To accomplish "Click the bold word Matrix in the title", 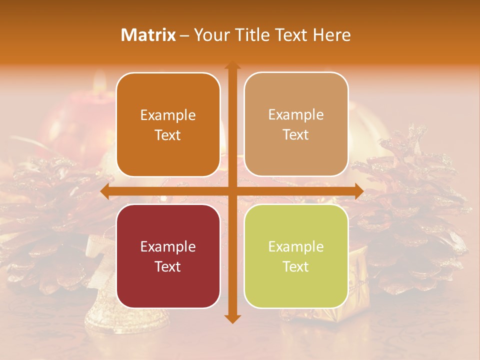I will (x=148, y=35).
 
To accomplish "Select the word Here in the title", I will (x=331, y=35).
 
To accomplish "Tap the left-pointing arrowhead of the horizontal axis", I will (x=104, y=191).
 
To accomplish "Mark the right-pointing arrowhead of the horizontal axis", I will (x=358, y=191).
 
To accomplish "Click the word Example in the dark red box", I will (x=168, y=246).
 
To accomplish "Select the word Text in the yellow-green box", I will (x=296, y=266).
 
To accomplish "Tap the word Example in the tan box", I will (x=296, y=114).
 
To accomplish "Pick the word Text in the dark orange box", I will (x=168, y=135).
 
